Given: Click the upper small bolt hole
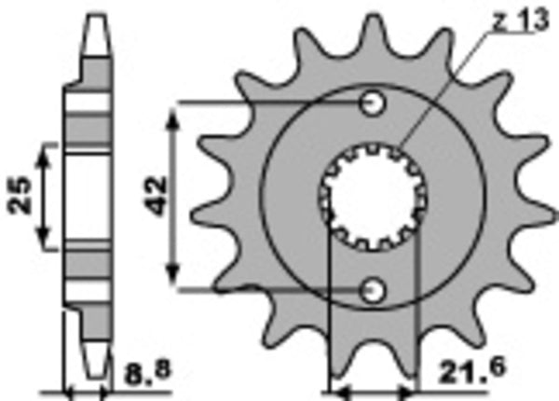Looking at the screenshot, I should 374,104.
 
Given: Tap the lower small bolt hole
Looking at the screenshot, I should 374,290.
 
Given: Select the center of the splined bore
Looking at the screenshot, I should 372,197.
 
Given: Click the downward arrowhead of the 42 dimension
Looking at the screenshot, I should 173,283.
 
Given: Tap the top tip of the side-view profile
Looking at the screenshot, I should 93,17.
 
